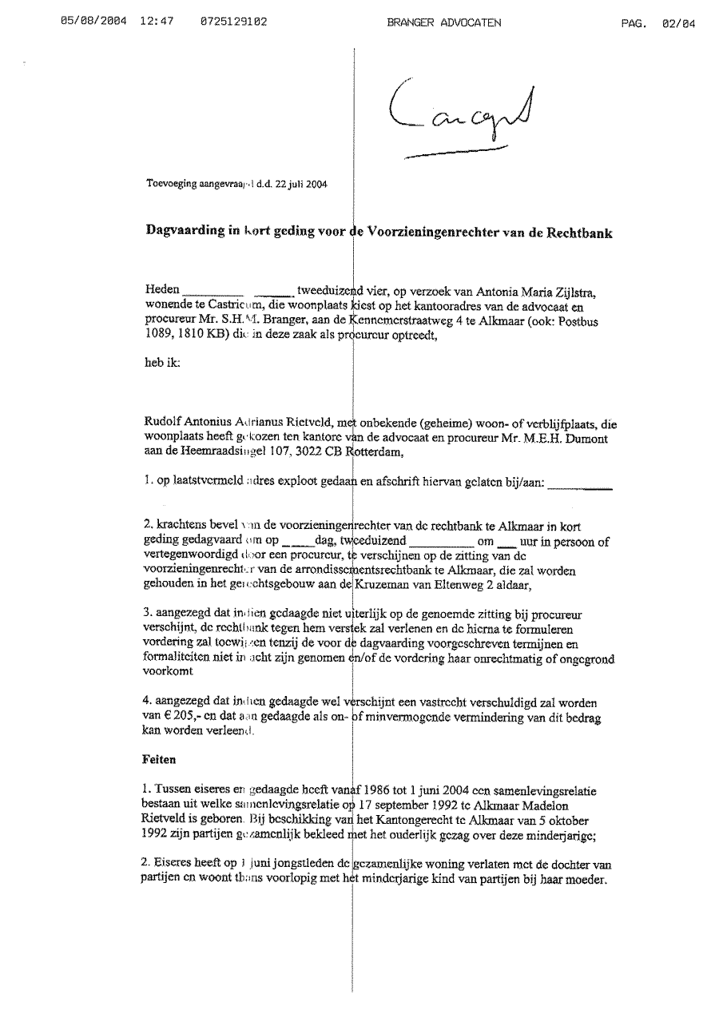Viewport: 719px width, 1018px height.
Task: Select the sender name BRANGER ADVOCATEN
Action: click(x=443, y=23)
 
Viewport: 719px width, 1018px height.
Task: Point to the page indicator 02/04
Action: click(x=678, y=23)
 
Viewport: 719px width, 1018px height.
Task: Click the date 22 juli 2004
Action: click(x=300, y=183)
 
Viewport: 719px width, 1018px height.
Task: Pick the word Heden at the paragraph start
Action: click(x=162, y=289)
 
